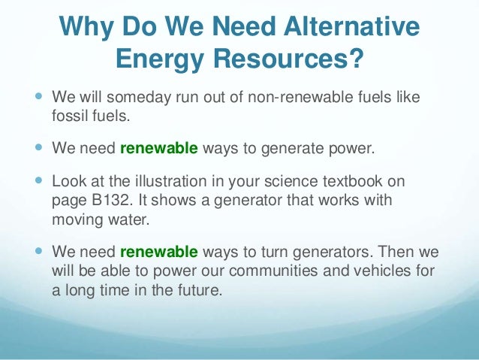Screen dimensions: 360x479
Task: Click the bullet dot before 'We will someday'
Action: click(x=38, y=98)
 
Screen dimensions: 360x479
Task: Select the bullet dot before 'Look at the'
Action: click(x=38, y=181)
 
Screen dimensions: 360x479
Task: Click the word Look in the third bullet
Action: click(x=68, y=181)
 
